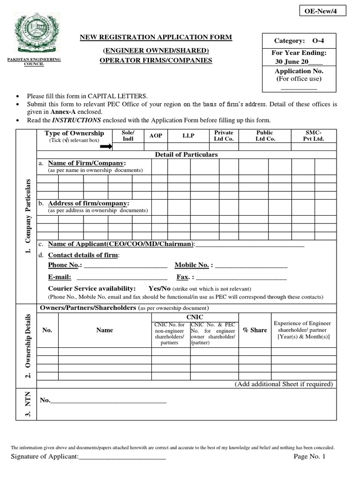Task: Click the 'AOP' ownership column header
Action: (156, 135)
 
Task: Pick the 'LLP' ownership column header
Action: (188, 135)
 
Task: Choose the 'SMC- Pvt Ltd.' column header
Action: (314, 135)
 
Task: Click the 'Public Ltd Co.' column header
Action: (264, 135)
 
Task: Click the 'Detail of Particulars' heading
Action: (186, 155)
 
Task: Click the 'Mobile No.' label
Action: (192, 265)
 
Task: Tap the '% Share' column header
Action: (255, 330)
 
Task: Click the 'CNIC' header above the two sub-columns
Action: (195, 317)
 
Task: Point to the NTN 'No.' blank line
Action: (108, 401)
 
